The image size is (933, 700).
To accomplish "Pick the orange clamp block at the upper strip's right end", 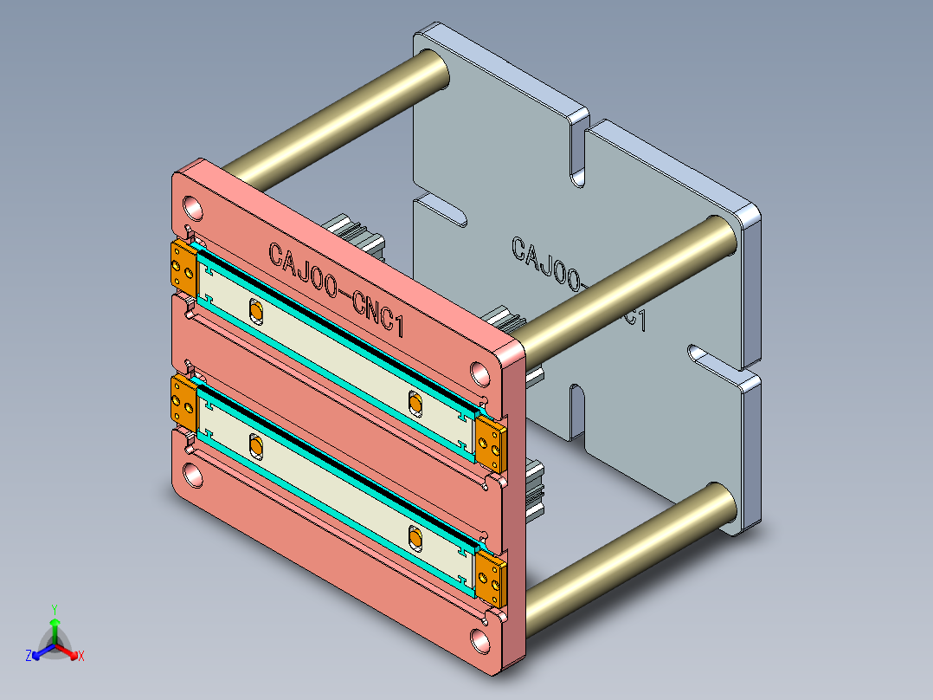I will [x=490, y=443].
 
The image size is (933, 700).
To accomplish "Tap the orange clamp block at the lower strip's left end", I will [x=183, y=401].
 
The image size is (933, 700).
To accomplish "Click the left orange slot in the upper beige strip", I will [x=255, y=310].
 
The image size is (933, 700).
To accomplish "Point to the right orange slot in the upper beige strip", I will [x=415, y=403].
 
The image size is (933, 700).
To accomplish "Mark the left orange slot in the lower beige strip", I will [x=255, y=447].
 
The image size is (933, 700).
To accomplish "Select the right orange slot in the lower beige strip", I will [x=415, y=539].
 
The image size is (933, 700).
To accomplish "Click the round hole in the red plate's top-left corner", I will [x=193, y=208].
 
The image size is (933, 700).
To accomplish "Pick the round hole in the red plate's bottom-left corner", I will [x=192, y=475].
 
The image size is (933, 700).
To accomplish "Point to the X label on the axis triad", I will [x=81, y=657].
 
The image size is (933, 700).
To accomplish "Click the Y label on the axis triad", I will [x=54, y=609].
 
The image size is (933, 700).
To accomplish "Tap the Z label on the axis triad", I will [x=29, y=657].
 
